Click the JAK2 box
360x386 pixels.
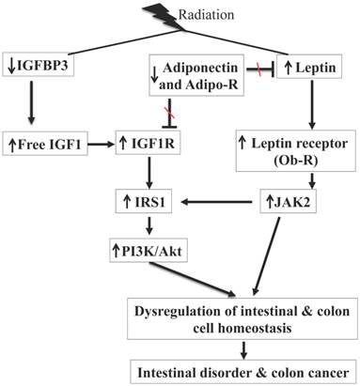[x=286, y=200]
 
